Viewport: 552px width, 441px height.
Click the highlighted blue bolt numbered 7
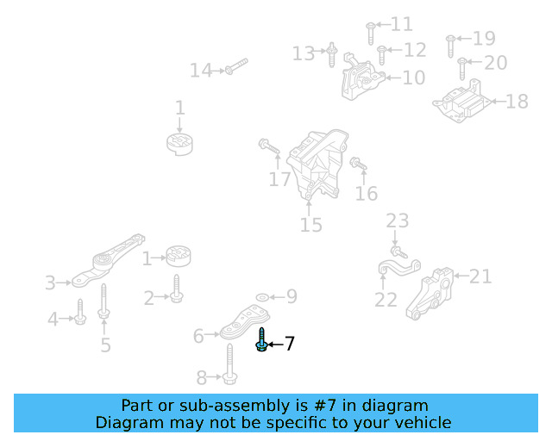click(x=261, y=340)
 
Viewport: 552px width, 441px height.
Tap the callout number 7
click(x=290, y=345)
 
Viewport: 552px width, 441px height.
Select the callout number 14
click(x=200, y=71)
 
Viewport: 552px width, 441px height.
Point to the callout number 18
click(x=516, y=102)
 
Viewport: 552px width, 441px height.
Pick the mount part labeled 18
click(x=463, y=102)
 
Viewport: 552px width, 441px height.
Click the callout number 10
click(x=413, y=78)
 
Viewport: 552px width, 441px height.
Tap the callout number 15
click(x=310, y=226)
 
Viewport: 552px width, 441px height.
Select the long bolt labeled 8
click(x=230, y=365)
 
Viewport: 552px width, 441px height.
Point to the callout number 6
click(x=198, y=336)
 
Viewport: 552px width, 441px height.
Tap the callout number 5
click(x=105, y=345)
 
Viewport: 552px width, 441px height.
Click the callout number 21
click(x=480, y=276)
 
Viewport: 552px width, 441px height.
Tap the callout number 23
click(x=397, y=221)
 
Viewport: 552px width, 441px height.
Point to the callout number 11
click(x=402, y=24)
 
